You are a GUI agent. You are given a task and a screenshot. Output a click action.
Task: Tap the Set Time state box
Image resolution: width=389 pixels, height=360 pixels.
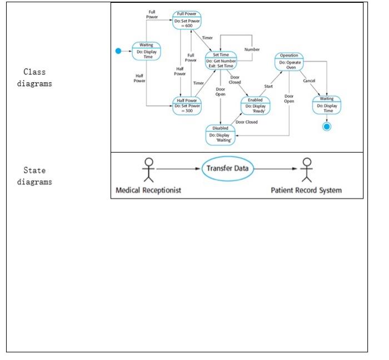[221, 60]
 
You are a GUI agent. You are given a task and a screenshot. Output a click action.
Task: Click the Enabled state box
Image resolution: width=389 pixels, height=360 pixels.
[255, 105]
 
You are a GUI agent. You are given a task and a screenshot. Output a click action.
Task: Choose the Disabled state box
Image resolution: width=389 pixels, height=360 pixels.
[220, 134]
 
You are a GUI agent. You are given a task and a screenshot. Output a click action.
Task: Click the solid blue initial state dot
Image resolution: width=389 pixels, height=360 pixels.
[118, 51]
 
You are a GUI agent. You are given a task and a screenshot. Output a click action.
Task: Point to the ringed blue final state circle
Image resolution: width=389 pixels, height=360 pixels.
[327, 127]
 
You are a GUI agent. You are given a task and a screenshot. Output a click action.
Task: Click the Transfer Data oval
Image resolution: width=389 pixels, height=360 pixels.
[227, 169]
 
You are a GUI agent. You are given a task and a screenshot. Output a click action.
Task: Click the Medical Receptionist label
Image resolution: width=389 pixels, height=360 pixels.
[148, 191]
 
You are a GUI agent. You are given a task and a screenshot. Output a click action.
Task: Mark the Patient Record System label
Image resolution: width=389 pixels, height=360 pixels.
[306, 191]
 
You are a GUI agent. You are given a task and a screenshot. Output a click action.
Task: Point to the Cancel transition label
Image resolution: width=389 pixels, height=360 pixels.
[309, 81]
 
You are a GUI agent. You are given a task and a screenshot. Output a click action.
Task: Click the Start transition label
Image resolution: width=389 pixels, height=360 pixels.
[268, 86]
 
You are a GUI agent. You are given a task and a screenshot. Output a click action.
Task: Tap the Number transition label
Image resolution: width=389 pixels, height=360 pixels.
[252, 49]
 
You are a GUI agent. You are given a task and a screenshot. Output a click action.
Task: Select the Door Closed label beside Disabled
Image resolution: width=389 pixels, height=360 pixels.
[246, 122]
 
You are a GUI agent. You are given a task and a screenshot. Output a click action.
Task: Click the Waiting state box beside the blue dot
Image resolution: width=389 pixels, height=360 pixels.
[146, 51]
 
